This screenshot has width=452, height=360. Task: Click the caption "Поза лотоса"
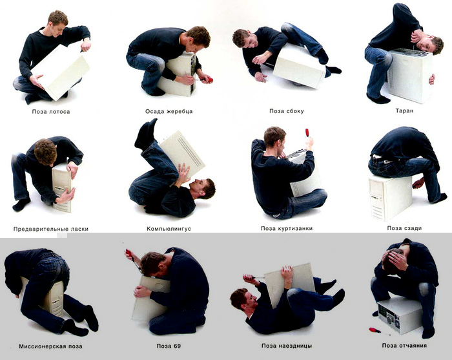coord(51,112)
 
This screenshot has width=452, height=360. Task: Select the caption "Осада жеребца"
coord(169,111)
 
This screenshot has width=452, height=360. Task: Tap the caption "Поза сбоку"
coord(287,111)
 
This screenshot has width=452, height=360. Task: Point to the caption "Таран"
coord(404,111)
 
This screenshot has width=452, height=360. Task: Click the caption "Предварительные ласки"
coord(51,229)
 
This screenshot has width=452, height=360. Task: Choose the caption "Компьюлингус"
coord(169,229)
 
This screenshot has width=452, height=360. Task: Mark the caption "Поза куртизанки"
coord(287,228)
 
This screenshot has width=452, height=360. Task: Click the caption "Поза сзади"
coord(404,228)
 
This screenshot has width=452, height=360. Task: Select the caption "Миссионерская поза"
coord(51,346)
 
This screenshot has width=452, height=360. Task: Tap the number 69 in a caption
coord(177,346)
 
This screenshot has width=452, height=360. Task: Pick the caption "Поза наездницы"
coord(287,346)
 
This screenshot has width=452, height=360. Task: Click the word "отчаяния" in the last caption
coord(413,345)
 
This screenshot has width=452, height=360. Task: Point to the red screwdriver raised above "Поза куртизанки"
coord(307,134)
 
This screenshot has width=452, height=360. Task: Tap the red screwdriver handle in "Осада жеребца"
coord(209,79)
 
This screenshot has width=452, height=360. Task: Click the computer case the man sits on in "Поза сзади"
coord(390,197)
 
